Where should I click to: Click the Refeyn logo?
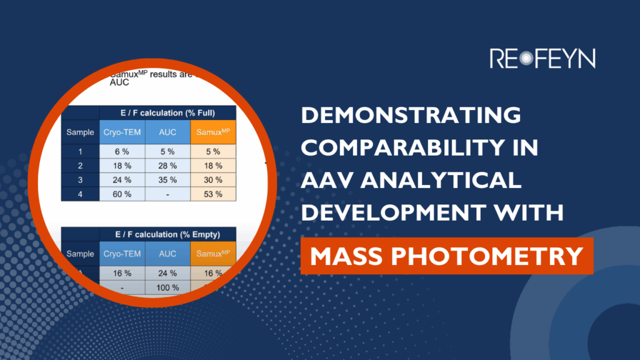(x=542, y=58)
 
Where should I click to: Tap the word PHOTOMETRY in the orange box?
(x=503, y=256)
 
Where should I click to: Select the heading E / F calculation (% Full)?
(x=167, y=113)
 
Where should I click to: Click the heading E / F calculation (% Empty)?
(x=167, y=234)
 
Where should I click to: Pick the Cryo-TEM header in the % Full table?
(x=122, y=132)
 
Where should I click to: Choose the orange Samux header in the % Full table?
(x=213, y=132)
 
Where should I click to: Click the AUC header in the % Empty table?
(x=167, y=254)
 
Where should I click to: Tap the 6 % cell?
(x=122, y=151)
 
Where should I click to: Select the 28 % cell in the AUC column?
(x=167, y=166)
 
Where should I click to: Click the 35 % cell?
(x=167, y=180)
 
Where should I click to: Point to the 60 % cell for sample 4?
(x=122, y=194)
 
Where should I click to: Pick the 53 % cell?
(x=213, y=194)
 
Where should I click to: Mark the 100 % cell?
(x=167, y=287)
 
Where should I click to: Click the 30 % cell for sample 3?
(x=213, y=180)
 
